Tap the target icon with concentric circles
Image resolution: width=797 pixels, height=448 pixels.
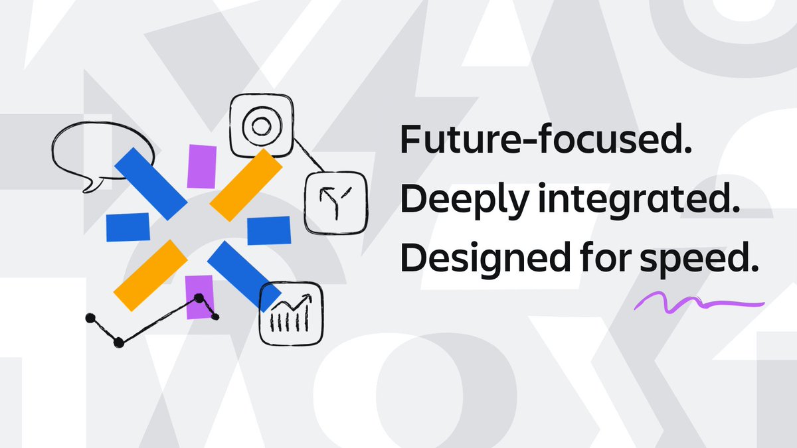click(258, 125)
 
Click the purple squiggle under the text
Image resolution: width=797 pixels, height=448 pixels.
click(697, 304)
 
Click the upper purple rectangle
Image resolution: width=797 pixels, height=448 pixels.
click(202, 166)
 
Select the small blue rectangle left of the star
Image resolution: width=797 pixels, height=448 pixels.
click(128, 227)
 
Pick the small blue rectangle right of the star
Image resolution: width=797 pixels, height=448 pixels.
click(269, 230)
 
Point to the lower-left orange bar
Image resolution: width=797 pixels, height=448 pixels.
click(151, 274)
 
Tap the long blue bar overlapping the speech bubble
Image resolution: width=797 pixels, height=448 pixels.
click(151, 184)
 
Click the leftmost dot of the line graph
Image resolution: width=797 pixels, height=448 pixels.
click(90, 319)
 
